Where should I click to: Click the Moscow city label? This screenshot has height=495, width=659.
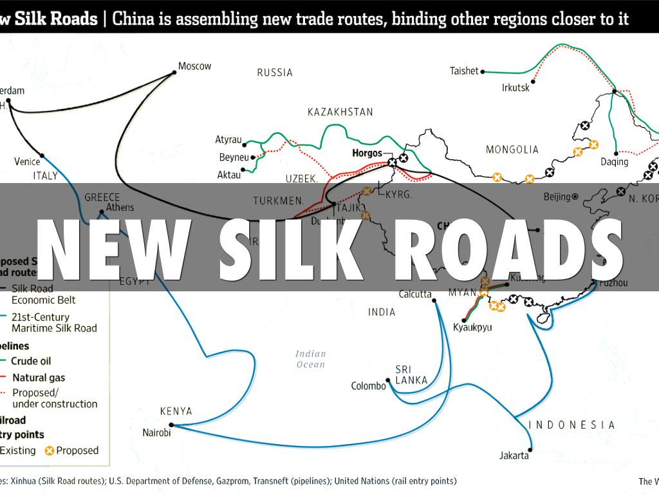pos(194,66)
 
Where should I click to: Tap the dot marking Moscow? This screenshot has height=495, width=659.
pos(174,73)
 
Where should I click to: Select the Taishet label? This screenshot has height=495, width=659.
pos(464,71)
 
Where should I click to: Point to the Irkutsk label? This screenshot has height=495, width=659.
pos(515,88)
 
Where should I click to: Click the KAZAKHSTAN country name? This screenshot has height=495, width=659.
pos(340,112)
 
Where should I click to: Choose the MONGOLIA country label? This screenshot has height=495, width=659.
pos(512,150)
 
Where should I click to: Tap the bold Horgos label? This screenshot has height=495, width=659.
pos(367,153)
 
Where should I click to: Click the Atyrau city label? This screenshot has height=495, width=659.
pos(228,140)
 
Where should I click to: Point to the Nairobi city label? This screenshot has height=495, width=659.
pos(156,433)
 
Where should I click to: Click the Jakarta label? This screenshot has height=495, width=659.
pos(514,456)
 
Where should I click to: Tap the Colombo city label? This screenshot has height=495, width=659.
pos(368,387)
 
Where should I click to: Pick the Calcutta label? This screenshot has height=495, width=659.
pos(414,294)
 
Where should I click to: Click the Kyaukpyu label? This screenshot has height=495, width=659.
pos(472,327)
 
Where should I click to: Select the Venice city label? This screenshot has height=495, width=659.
pos(27,162)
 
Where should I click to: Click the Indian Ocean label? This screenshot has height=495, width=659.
pos(311,359)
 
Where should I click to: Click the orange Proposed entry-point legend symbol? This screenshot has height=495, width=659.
pos(49,451)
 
